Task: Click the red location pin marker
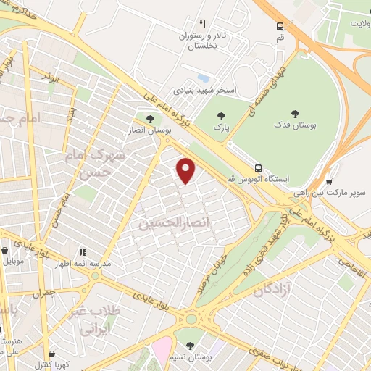pos(187,170)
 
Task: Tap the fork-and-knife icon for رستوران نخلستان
pos(203,24)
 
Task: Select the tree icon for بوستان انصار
pos(150,119)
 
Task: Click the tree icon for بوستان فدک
pos(295,112)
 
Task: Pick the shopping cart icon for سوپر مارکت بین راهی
pos(330,181)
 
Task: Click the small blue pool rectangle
pos(204,77)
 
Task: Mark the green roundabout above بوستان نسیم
pos(191,318)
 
